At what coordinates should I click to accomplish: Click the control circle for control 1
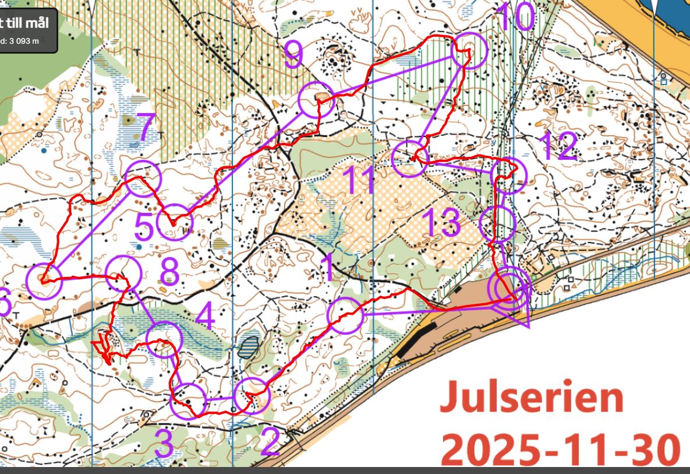pyautogui.click(x=345, y=315)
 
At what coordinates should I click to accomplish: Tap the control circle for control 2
pyautogui.click(x=253, y=396)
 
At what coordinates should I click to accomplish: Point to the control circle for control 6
pyautogui.click(x=44, y=280)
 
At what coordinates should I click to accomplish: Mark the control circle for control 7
pyautogui.click(x=143, y=178)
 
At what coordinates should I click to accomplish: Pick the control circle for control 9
pyautogui.click(x=317, y=101)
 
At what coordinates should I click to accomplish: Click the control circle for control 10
pyautogui.click(x=469, y=51)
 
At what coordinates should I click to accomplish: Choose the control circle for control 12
pyautogui.click(x=509, y=174)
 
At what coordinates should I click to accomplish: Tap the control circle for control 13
pyautogui.click(x=497, y=224)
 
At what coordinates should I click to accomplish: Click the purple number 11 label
pyautogui.click(x=361, y=180)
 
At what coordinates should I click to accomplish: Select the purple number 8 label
pyautogui.click(x=169, y=272)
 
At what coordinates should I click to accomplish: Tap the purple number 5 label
pyautogui.click(x=144, y=226)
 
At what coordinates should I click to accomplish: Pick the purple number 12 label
pyautogui.click(x=560, y=146)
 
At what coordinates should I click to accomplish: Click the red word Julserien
pyautogui.click(x=531, y=398)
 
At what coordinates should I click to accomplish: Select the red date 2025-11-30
pyautogui.click(x=560, y=447)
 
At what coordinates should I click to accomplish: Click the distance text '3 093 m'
pyautogui.click(x=23, y=41)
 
